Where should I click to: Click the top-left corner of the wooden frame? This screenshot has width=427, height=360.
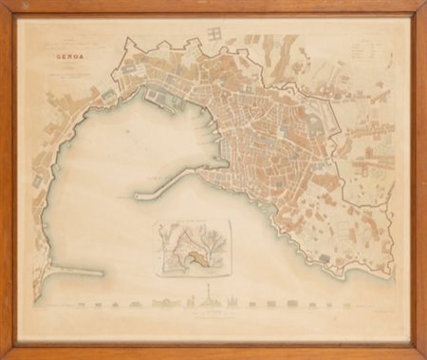pyautogui.click(x=4, y=4)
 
